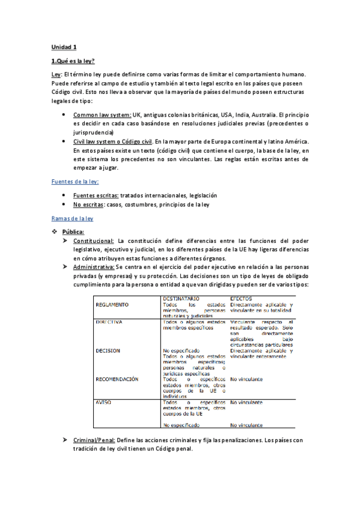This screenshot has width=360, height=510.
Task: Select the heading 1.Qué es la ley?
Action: click(x=73, y=61)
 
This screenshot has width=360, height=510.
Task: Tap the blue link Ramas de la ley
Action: click(x=72, y=219)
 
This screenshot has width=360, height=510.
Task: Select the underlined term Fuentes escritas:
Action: click(x=96, y=195)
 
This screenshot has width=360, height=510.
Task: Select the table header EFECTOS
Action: click(x=242, y=298)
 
